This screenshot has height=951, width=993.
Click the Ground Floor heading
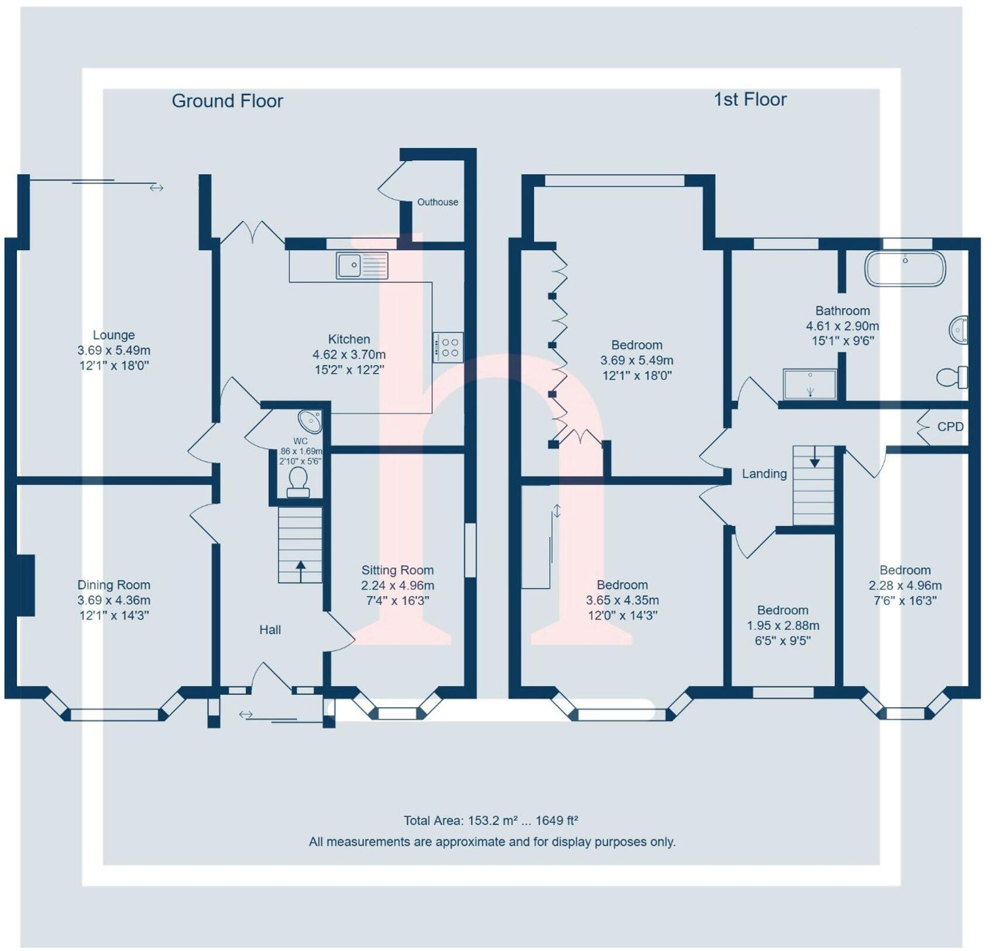(x=227, y=101)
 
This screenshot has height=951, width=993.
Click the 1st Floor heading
(x=750, y=99)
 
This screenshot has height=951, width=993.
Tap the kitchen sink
(x=361, y=266)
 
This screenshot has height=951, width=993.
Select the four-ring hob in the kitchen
(x=448, y=347)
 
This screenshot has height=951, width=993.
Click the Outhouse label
(x=437, y=202)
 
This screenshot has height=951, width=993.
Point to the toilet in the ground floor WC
(x=298, y=481)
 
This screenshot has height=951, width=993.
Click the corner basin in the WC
(x=310, y=421)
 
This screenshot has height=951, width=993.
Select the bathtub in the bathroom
(x=905, y=268)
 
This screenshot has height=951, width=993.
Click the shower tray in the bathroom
(x=810, y=384)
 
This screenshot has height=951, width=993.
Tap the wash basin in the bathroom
(x=958, y=330)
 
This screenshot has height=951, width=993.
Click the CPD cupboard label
(x=950, y=427)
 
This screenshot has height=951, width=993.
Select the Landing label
(x=764, y=474)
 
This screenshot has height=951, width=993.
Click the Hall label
(x=270, y=630)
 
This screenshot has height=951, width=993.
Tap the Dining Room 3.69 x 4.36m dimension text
(x=114, y=600)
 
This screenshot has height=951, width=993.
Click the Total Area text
(x=490, y=821)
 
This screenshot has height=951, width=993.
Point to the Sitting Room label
(x=397, y=570)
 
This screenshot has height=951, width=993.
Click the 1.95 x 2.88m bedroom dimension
(x=782, y=625)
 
